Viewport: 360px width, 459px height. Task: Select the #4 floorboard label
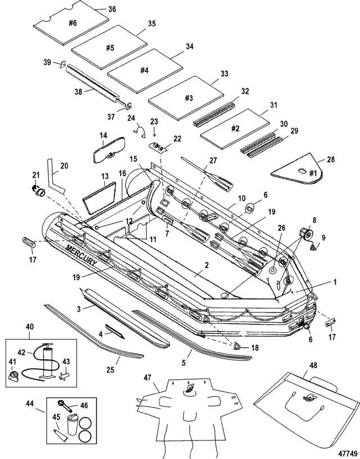click(x=144, y=71)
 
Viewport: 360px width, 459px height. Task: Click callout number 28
click(x=331, y=160)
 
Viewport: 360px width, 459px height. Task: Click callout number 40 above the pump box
click(x=30, y=327)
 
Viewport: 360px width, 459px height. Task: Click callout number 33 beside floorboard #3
click(x=224, y=74)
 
